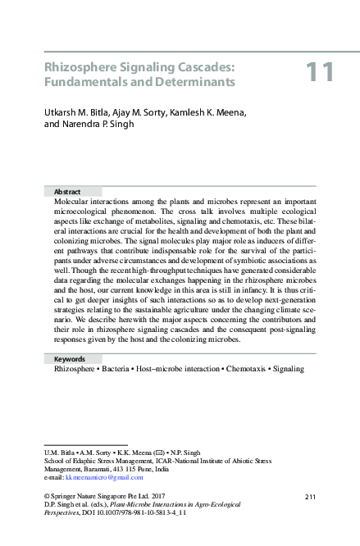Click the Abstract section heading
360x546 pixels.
pyautogui.click(x=67, y=190)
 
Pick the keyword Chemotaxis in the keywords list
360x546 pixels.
pyautogui.click(x=239, y=369)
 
